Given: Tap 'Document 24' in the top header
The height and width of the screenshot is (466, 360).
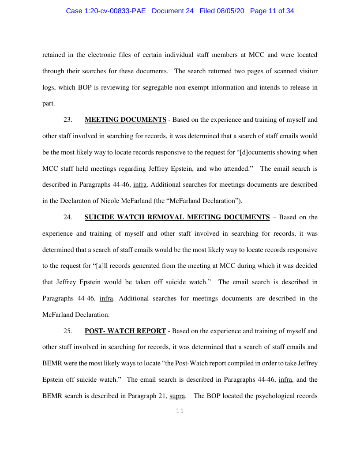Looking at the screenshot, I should point(172,11).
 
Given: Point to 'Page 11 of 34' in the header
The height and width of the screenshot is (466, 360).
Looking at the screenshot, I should point(272,11).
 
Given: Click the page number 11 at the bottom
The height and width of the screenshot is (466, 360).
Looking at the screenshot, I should point(180,411).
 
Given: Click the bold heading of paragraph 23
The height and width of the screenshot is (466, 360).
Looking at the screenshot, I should point(125,120).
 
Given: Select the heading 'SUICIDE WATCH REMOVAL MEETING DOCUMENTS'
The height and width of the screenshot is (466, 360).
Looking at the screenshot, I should point(177,217).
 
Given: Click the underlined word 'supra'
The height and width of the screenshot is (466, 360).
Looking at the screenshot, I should point(177,396).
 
